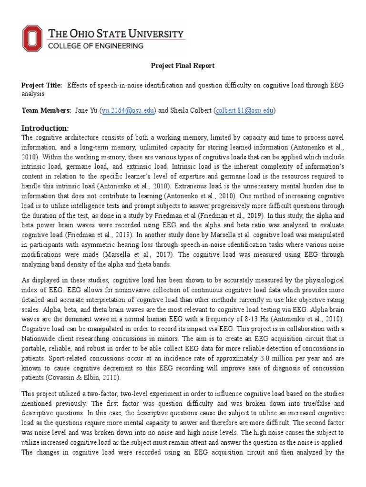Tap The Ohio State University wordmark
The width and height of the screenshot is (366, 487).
click(x=117, y=34)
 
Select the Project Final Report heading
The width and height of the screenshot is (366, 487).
click(x=183, y=66)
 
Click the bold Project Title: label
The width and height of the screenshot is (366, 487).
click(x=42, y=85)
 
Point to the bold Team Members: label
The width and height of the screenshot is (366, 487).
click(x=46, y=110)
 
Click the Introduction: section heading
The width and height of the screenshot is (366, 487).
click(x=45, y=128)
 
